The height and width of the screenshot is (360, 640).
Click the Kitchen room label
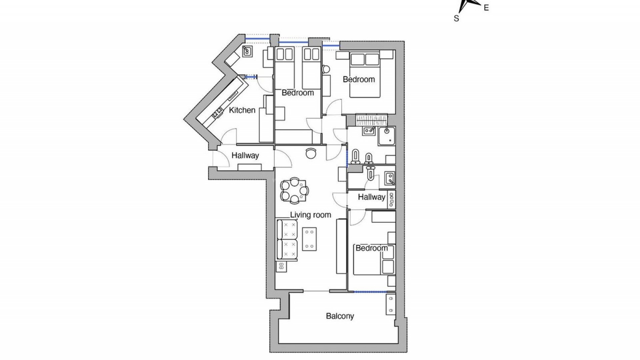tap(242, 110)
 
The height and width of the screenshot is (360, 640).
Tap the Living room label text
tap(310, 215)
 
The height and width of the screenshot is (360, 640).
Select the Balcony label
tap(340, 316)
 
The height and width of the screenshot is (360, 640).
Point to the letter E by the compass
tap(486, 8)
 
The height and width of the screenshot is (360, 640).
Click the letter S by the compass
tap(456, 19)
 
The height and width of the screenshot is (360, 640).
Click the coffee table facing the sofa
tap(309, 239)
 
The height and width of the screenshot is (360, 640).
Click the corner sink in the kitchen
tap(247, 51)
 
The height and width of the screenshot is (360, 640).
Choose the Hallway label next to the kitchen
tap(245, 156)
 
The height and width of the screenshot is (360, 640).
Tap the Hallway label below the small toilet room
tap(371, 197)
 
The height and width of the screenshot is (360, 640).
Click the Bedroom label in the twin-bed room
tap(298, 93)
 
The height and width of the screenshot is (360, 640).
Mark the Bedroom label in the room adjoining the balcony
tap(371, 248)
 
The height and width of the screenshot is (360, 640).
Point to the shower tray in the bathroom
tap(387, 136)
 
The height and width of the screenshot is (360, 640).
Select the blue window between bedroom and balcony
tap(370, 292)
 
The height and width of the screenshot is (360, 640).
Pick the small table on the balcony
tap(390, 304)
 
